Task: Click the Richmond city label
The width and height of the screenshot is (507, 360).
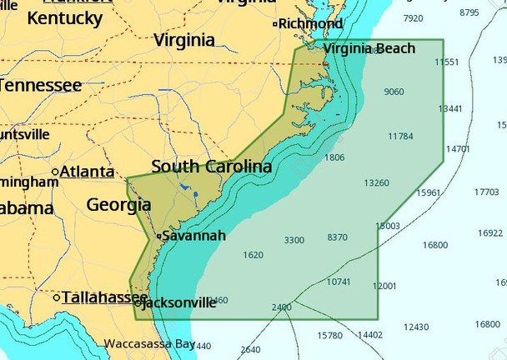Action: [310, 23]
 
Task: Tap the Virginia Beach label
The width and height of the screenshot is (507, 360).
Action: [369, 49]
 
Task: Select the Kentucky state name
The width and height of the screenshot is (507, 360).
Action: [64, 17]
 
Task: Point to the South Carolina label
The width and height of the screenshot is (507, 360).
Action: [211, 167]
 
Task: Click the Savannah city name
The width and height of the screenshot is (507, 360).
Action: [193, 236]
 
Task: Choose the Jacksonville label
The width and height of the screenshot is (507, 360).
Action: [179, 303]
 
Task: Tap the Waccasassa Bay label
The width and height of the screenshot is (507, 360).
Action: [149, 343]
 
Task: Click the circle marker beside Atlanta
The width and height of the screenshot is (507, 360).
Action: [55, 172]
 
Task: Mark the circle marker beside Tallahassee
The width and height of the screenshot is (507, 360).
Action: [56, 297]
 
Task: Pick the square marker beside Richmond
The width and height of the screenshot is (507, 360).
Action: [274, 24]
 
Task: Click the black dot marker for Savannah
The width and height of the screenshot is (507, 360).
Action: [158, 237]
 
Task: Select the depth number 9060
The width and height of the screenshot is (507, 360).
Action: [394, 92]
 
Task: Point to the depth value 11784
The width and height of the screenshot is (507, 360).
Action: [400, 136]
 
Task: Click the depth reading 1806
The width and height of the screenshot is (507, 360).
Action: [334, 157]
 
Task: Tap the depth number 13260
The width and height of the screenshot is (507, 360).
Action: [376, 182]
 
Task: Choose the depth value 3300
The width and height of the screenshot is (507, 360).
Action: [294, 240]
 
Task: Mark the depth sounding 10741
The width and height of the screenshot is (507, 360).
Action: [339, 282]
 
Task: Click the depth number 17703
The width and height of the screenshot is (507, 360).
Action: [485, 192]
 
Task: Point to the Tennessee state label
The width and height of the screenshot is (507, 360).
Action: [41, 85]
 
